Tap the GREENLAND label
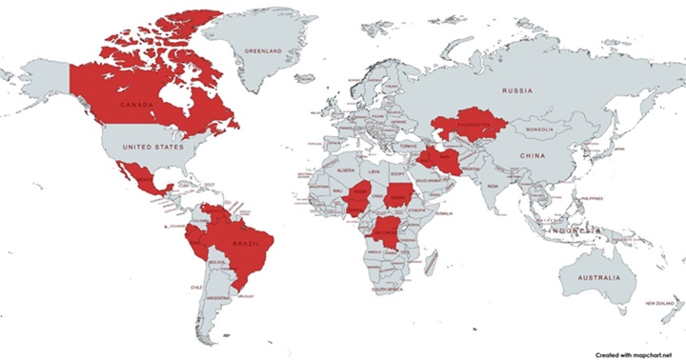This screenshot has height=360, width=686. [263, 49]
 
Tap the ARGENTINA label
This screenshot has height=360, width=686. [216, 299]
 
